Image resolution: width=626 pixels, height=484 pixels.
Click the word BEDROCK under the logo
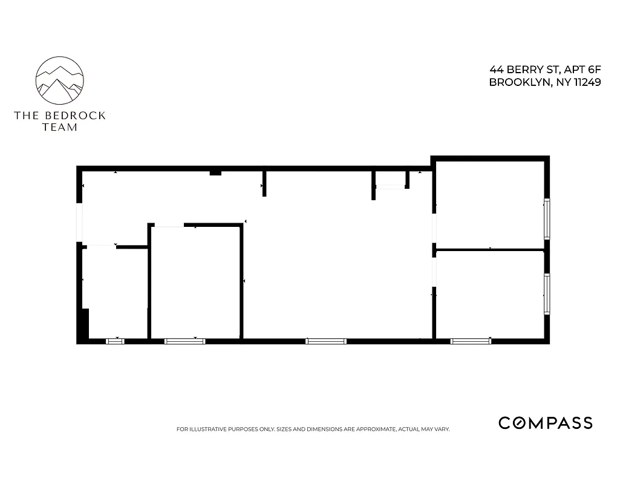point(74,116)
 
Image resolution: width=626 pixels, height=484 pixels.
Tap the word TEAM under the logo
point(60,127)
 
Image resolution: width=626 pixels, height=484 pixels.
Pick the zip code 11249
point(584,83)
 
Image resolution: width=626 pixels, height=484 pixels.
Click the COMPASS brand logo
point(545,423)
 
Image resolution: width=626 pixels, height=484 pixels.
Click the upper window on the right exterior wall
point(547,218)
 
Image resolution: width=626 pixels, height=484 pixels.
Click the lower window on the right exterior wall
point(547,295)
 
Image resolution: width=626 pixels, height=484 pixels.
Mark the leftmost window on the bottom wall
point(115,342)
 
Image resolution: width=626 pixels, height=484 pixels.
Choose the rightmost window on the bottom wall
point(471,342)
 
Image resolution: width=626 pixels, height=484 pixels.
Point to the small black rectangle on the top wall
point(215,173)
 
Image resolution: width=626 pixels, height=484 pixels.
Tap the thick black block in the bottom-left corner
point(85,325)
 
